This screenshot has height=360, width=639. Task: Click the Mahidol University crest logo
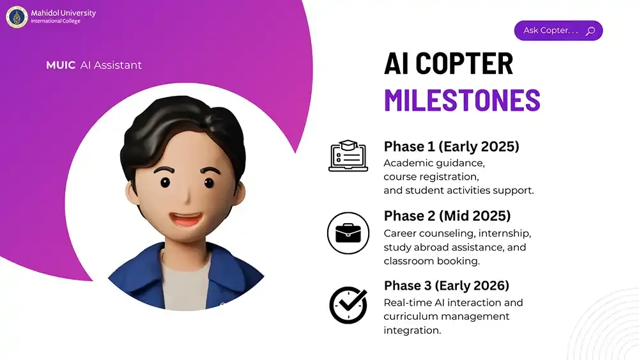[x=17, y=17]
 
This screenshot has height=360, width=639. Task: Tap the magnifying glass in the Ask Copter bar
[x=590, y=31]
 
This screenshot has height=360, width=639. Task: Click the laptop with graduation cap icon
[x=348, y=156]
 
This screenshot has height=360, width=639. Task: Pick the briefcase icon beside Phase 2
[x=348, y=233]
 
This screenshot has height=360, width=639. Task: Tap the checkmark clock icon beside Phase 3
[x=348, y=305]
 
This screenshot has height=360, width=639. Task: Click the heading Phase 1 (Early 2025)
[x=451, y=146]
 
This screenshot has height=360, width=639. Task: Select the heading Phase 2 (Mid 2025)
[x=447, y=215]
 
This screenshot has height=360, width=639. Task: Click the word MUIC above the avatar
[x=61, y=65]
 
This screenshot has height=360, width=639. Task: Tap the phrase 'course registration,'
[x=431, y=176]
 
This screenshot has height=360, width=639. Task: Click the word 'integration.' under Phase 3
[x=413, y=331]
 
